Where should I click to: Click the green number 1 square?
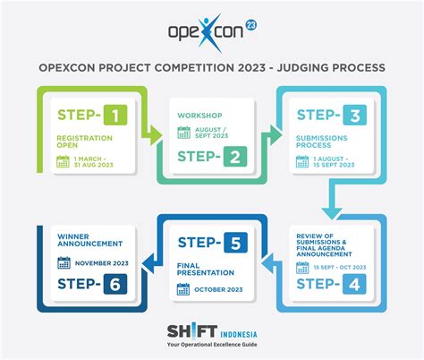tap(115, 115)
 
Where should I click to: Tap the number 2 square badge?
tap(235, 157)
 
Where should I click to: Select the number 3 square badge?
tap(354, 115)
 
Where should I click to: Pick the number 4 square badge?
tap(354, 284)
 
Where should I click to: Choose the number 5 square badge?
tap(235, 243)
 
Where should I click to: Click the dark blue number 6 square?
tap(115, 284)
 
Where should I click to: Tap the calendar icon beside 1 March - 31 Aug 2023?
tap(63, 161)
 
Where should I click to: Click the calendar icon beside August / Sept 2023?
tap(184, 133)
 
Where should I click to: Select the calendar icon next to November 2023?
tap(64, 262)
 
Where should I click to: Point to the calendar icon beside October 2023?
tap(183, 289)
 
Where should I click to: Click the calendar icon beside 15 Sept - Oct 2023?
tap(302, 268)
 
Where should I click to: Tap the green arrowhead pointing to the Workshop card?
tap(156, 135)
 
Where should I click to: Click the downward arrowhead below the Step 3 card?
tap(332, 214)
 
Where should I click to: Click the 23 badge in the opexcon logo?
tap(250, 25)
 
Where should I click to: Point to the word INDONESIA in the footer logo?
tap(239, 334)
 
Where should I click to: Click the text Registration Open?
tap(85, 141)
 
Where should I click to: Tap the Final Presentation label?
tap(206, 269)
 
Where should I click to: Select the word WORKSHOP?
tap(199, 116)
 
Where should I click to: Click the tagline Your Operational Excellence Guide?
tap(212, 345)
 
